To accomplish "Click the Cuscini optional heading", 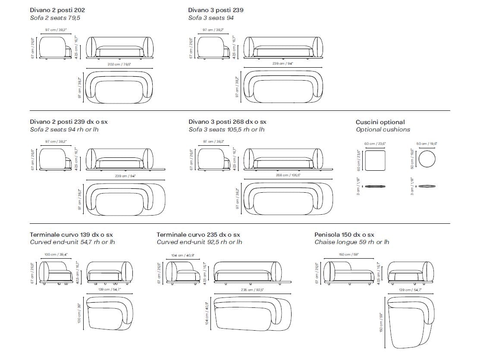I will tap(380, 122).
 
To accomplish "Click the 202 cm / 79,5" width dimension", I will tap(119, 64).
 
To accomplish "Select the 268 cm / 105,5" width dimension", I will tap(287, 175).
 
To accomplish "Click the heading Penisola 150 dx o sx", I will tap(344, 235).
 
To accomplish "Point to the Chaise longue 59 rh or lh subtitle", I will tap(351, 242).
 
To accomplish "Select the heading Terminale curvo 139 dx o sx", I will tap(71, 235).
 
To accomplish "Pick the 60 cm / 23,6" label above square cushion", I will tap(374, 144).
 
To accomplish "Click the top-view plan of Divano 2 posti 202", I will tap(119, 88).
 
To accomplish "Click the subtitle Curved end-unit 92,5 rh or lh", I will tap(199, 242).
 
